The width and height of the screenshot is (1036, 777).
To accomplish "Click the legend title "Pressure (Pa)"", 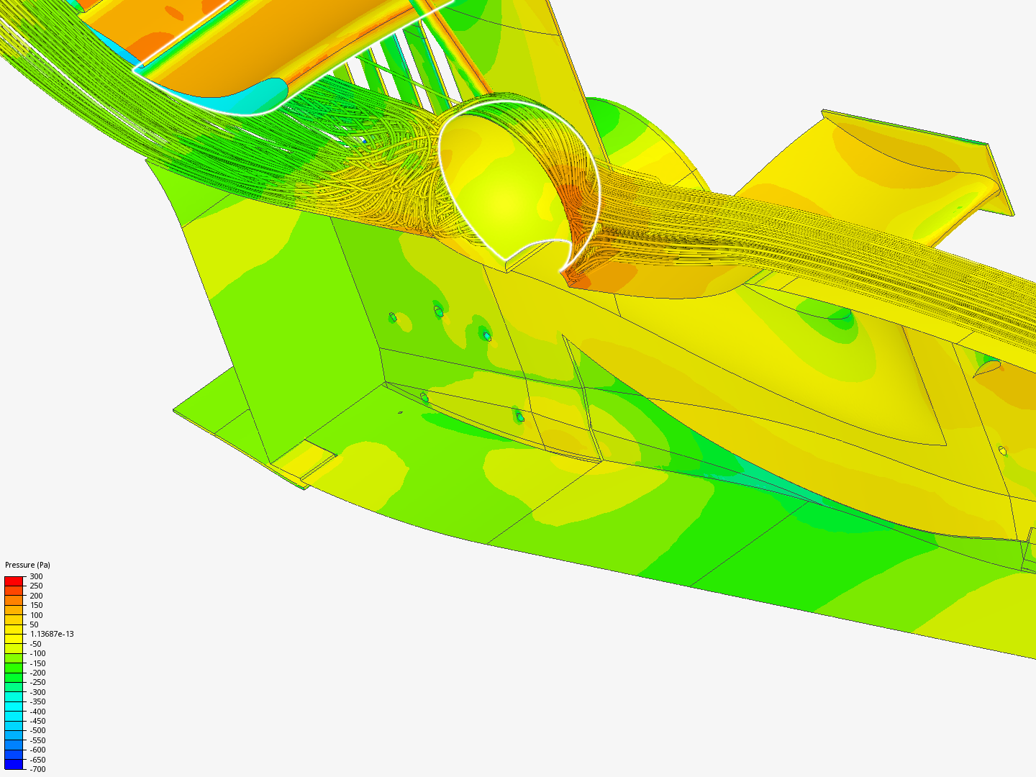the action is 27,565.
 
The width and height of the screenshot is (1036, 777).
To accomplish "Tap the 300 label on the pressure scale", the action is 37,576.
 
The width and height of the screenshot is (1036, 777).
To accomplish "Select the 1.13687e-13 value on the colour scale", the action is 52,634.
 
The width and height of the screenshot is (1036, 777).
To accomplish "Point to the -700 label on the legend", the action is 37,770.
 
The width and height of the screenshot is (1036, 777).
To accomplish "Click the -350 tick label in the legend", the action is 37,701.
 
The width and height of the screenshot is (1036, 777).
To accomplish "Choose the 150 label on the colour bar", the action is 37,605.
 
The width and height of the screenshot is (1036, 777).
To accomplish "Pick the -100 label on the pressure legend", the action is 37,653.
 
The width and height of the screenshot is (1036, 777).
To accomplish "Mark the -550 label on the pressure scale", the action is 37,740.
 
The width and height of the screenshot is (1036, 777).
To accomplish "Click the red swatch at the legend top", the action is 14,581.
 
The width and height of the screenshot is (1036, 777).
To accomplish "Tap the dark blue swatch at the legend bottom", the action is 14,764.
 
